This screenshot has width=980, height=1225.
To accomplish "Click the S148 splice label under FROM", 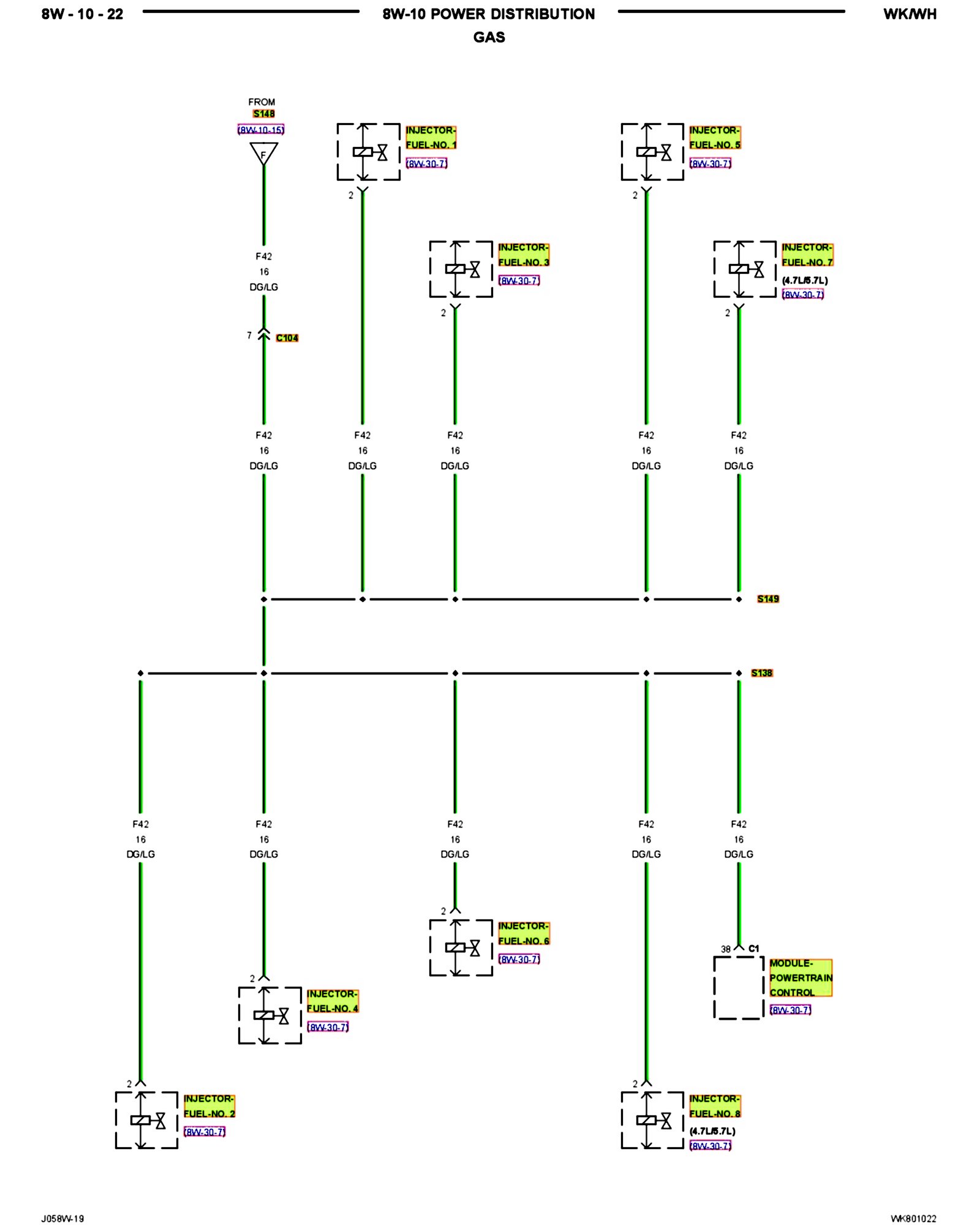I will [263, 114].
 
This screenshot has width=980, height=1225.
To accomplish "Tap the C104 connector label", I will [287, 338].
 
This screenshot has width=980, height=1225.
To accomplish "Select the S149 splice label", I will [767, 599].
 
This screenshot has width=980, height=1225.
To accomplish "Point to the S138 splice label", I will [761, 673].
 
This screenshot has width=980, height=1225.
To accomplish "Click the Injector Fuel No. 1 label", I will [431, 138].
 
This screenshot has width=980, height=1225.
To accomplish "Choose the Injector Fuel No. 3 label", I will [523, 255].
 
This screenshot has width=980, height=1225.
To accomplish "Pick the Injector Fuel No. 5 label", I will [714, 138].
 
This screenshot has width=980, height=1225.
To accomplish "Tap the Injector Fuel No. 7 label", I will [807, 255].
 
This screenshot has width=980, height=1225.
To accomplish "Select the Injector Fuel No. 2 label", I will [209, 1106].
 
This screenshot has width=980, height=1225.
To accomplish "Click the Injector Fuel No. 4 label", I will [332, 1001].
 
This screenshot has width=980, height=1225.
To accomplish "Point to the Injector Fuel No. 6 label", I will [523, 933].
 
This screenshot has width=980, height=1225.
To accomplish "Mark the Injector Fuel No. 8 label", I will [714, 1106].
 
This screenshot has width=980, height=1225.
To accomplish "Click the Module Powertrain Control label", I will [801, 978].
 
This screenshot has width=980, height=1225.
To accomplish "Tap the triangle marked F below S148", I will [264, 153].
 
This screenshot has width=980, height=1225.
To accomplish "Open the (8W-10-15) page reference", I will [261, 130].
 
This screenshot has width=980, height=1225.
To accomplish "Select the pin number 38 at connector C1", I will [725, 949].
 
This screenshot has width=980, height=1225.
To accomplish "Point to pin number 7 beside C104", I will [249, 336].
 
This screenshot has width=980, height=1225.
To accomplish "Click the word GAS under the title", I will [489, 37].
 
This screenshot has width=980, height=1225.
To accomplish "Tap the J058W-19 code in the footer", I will [62, 1218].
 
